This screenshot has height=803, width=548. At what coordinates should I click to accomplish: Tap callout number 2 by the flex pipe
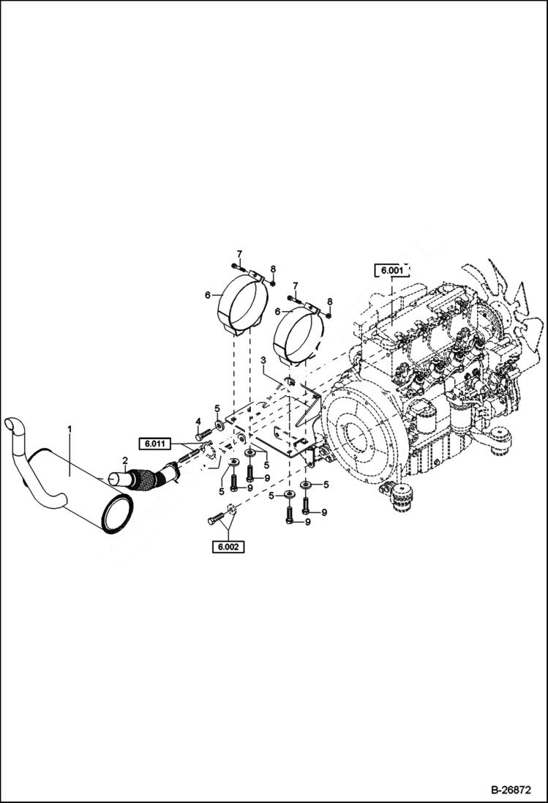(x=125, y=460)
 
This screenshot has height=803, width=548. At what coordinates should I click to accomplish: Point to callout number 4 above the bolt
(x=198, y=421)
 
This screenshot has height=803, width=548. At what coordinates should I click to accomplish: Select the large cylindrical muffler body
(x=80, y=483)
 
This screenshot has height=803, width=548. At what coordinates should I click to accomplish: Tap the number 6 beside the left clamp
(x=208, y=295)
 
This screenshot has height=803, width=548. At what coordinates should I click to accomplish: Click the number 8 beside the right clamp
(x=329, y=302)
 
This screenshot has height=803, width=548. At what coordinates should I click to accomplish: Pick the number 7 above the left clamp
(x=239, y=253)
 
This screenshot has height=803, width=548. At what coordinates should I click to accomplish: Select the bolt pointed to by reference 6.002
(x=215, y=520)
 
